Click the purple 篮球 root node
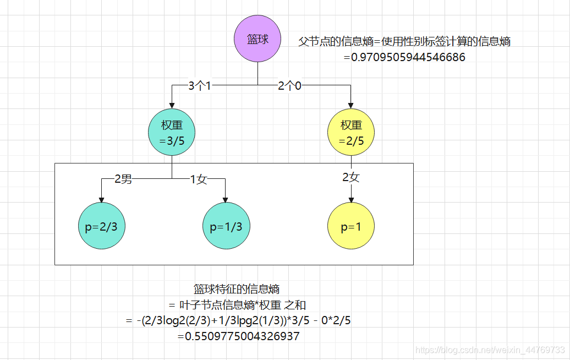click(x=257, y=40)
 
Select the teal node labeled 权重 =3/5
click(x=172, y=133)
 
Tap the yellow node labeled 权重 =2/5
click(x=351, y=133)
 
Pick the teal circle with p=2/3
click(x=101, y=226)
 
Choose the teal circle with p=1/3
click(x=226, y=226)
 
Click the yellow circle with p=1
click(x=351, y=226)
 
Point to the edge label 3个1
click(x=200, y=86)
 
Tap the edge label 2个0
click(x=289, y=86)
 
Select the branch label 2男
click(x=123, y=179)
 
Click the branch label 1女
click(x=198, y=179)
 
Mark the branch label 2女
click(x=351, y=177)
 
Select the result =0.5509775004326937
click(x=238, y=336)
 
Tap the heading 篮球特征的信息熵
click(x=237, y=289)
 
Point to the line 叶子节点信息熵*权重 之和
click(x=237, y=304)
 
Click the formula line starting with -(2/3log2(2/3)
click(x=238, y=320)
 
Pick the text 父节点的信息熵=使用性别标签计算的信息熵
click(x=404, y=41)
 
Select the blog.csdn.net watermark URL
click(x=490, y=350)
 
